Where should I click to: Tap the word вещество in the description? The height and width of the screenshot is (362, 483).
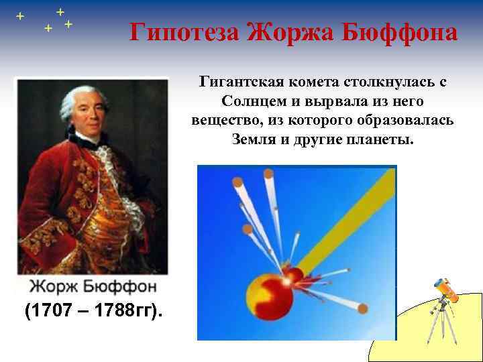pos(227,121)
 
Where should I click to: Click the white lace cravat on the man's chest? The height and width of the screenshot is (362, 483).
pos(101,158)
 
